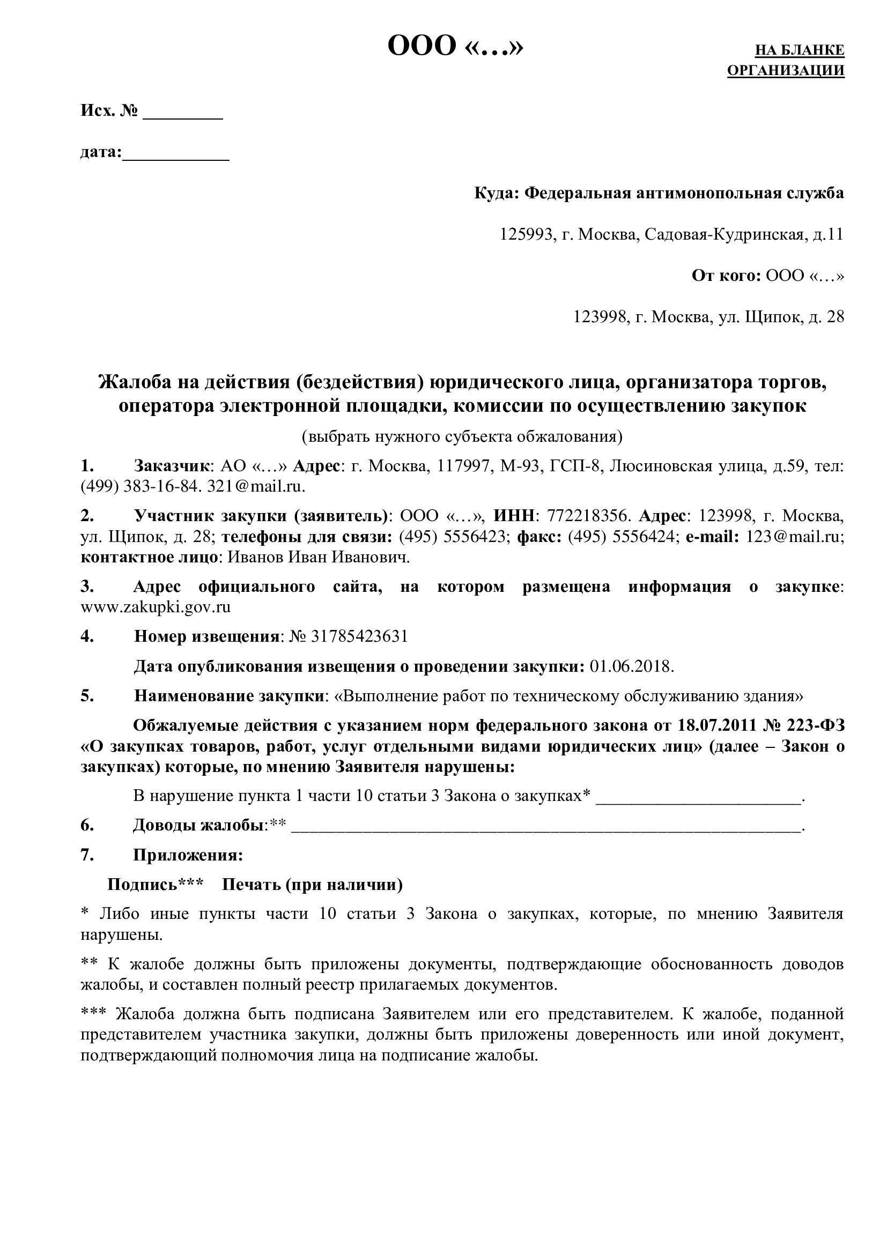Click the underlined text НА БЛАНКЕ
pos(799,50)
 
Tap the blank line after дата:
pos(175,156)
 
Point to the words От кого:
pos(726,275)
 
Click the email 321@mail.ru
pos(256,486)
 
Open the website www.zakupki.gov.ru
pos(156,607)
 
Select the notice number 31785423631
pos(359,636)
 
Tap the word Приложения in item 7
pos(188,855)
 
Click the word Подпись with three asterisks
pos(155,884)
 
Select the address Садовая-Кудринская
pos(724,234)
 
